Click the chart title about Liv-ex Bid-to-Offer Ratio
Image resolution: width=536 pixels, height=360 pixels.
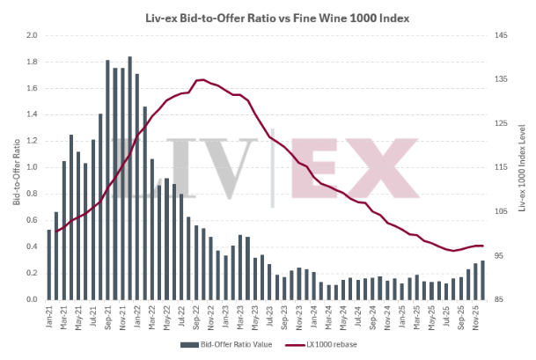coord(268,17)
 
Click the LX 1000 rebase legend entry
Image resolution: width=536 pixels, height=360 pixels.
coord(326,344)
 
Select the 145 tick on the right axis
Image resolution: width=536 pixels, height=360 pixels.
coord(501,35)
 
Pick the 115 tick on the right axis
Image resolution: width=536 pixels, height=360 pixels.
coord(501,167)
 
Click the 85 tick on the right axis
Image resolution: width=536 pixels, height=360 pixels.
coord(501,299)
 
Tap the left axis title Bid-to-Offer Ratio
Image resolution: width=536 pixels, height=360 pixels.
coord(16,167)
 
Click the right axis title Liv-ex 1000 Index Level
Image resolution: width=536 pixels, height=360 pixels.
coord(522,167)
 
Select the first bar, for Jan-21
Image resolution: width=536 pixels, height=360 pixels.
coord(49,264)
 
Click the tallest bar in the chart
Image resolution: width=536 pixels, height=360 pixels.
coord(129,178)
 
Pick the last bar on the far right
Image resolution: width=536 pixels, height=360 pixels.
coord(482,280)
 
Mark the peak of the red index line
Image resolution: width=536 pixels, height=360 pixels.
coord(201,80)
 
